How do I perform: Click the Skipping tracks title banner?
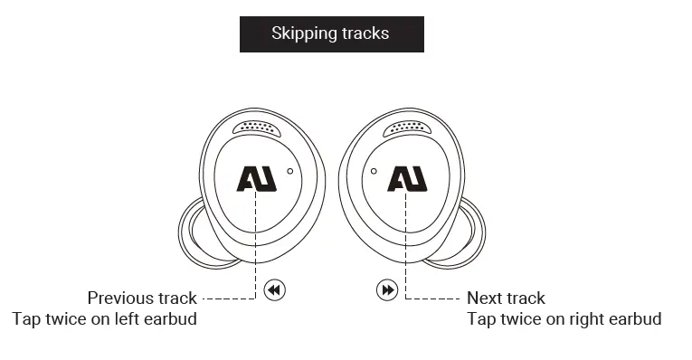click(331, 33)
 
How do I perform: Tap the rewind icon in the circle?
click(275, 290)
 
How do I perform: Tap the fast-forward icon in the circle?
click(387, 290)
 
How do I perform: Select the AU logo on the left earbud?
click(256, 178)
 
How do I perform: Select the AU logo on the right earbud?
click(406, 178)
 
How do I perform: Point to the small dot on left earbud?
click(289, 170)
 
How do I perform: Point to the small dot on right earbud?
click(373, 170)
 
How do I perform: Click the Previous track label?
click(142, 298)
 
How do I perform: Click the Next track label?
click(506, 298)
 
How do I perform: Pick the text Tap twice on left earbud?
click(104, 318)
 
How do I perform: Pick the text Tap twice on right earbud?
click(564, 318)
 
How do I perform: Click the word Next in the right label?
click(484, 298)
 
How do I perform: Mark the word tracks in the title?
click(365, 33)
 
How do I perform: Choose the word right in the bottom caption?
click(586, 319)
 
